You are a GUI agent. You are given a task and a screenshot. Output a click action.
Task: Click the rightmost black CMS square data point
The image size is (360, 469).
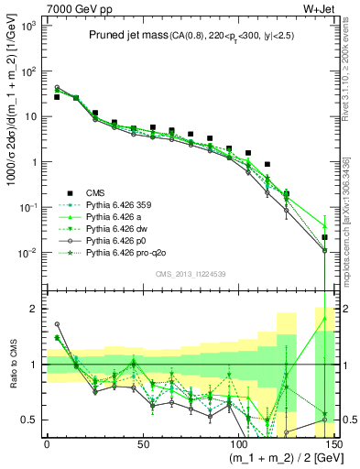tap(324, 237)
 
